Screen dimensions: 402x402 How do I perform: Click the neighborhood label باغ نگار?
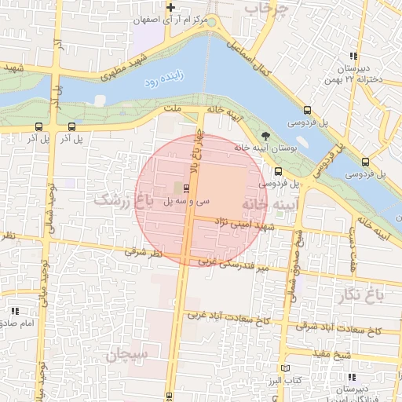360,295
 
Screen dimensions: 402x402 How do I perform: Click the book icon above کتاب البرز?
285,368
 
